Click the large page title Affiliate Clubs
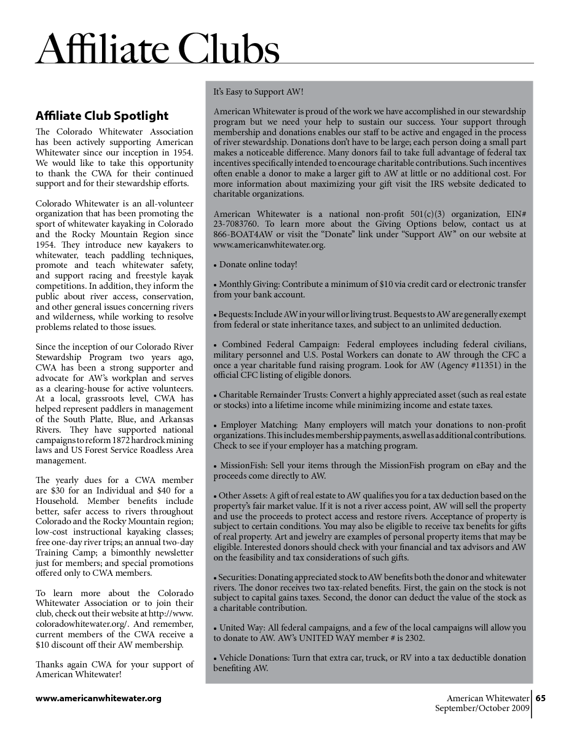tap(158, 49)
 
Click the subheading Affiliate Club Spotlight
tap(102, 116)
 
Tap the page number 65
tap(541, 698)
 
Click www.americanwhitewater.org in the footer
tap(98, 698)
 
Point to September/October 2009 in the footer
tap(482, 708)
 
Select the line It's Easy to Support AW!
tap(259, 92)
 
